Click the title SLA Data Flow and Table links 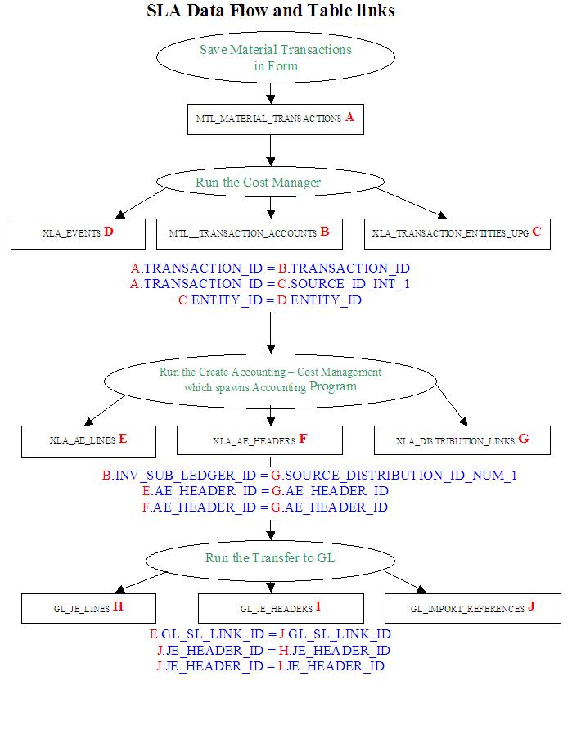271,11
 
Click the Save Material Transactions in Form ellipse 275,58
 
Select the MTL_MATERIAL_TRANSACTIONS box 275,119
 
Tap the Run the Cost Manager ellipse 269,182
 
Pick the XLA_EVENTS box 78,233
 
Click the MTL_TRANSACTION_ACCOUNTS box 249,233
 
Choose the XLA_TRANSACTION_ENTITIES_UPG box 457,233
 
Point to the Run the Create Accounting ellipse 270,379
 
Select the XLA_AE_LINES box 88,440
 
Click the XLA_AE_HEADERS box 259,440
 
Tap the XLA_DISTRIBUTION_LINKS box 462,440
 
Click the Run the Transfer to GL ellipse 269,559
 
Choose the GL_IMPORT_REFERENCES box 472,608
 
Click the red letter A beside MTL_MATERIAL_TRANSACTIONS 349,118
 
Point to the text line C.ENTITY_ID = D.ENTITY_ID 270,300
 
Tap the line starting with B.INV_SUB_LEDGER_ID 309,475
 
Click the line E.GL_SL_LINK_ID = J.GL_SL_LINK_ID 270,634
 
